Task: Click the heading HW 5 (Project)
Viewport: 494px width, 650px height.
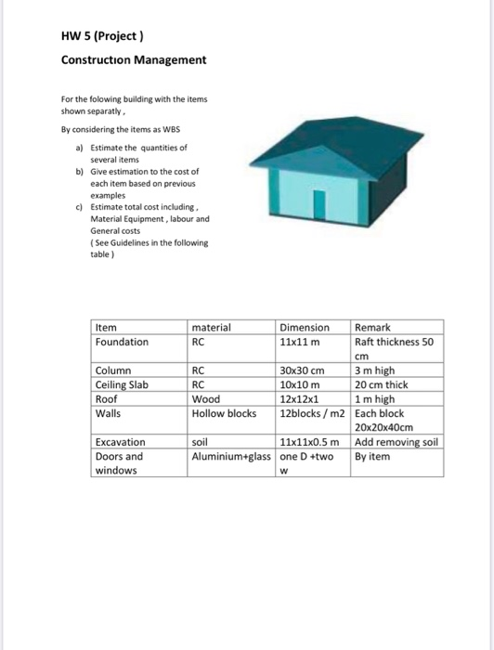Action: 101,37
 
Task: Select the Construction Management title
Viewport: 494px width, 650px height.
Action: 134,60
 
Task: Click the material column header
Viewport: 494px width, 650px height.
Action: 212,327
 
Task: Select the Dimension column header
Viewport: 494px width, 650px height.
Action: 305,327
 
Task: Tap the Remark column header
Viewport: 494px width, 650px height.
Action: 373,327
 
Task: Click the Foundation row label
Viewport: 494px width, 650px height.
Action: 122,341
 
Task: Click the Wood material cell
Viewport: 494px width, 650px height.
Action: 205,398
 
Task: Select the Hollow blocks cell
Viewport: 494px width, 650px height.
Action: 224,412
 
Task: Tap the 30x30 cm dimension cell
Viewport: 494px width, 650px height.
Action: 302,370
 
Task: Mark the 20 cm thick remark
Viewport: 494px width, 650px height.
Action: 381,384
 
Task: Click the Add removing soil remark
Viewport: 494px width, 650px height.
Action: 396,442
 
